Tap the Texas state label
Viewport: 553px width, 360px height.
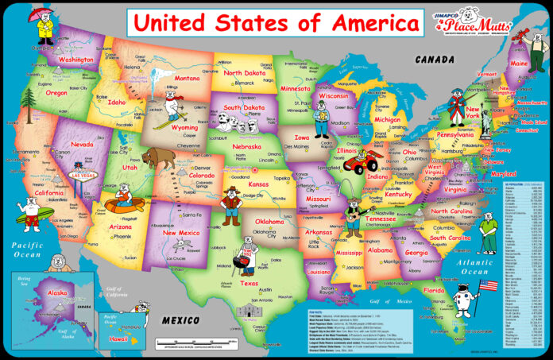point(249,283)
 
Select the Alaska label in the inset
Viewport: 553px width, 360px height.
point(57,292)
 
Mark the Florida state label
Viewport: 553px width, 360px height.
point(434,291)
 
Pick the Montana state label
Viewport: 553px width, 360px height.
point(188,79)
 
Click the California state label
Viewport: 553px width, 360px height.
point(49,193)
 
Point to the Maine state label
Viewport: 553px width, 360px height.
point(519,63)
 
